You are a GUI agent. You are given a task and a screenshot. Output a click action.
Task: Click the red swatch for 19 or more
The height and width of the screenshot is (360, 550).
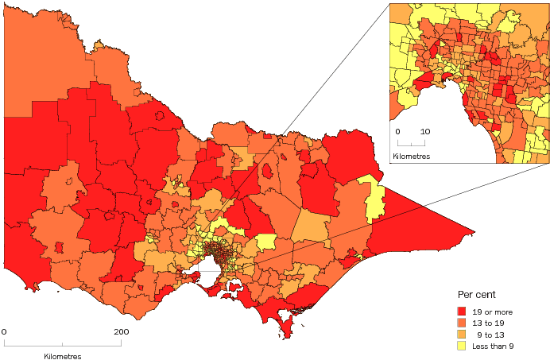tap(462, 310)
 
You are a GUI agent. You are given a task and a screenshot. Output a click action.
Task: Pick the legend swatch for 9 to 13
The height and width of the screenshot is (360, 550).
tap(462, 333)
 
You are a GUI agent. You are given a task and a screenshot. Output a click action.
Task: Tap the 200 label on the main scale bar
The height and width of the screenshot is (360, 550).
tap(121, 331)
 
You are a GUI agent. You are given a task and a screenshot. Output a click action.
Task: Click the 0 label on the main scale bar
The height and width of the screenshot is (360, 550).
tap(4, 331)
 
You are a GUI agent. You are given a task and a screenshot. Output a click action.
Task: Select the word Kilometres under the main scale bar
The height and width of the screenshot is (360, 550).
tap(63, 357)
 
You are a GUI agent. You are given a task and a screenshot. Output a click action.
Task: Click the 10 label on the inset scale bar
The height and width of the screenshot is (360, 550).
tap(425, 131)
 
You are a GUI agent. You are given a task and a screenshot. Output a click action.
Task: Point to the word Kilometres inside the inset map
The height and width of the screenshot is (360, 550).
tap(412, 157)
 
